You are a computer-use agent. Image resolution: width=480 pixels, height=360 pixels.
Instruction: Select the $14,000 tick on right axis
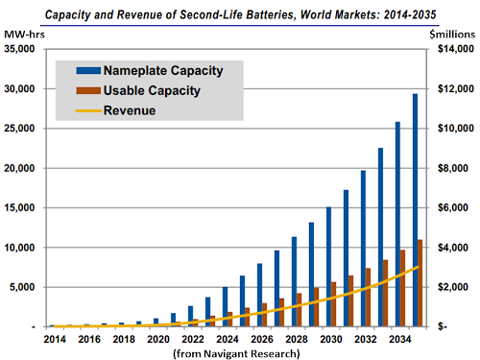pyautogui.click(x=453, y=48)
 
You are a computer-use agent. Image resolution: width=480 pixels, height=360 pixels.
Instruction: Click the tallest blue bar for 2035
pyautogui.click(x=415, y=211)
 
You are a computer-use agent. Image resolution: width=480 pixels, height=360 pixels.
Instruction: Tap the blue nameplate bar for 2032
pyautogui.click(x=363, y=249)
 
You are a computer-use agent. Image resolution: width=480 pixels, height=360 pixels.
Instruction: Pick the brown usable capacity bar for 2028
pyautogui.click(x=299, y=309)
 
